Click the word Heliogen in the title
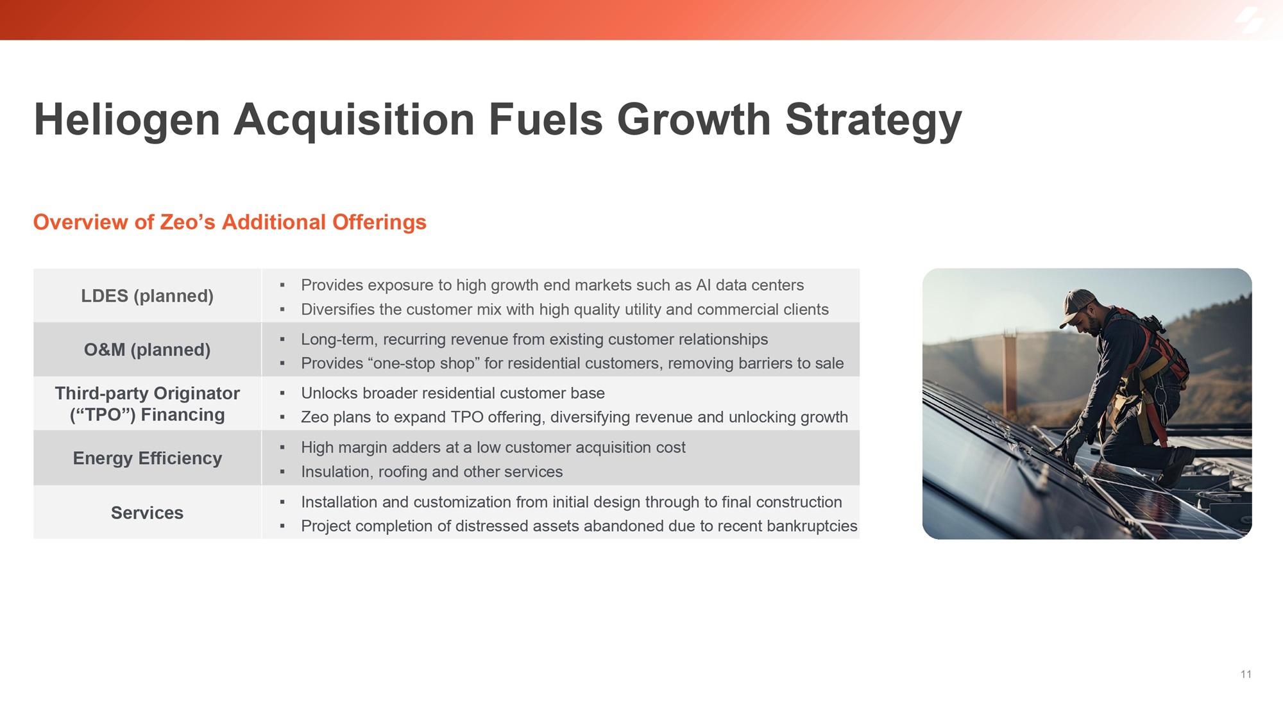pyautogui.click(x=127, y=120)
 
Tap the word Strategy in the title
pyautogui.click(x=873, y=120)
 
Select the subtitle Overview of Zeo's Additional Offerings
pyautogui.click(x=230, y=222)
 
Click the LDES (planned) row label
pyautogui.click(x=147, y=295)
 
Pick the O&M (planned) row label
pyautogui.click(x=147, y=349)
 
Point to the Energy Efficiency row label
pyautogui.click(x=147, y=458)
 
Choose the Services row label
pyautogui.click(x=147, y=513)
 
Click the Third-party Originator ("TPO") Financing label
pyautogui.click(x=147, y=404)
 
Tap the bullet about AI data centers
pyautogui.click(x=552, y=285)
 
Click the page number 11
pyautogui.click(x=1246, y=674)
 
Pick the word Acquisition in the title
pyautogui.click(x=353, y=120)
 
